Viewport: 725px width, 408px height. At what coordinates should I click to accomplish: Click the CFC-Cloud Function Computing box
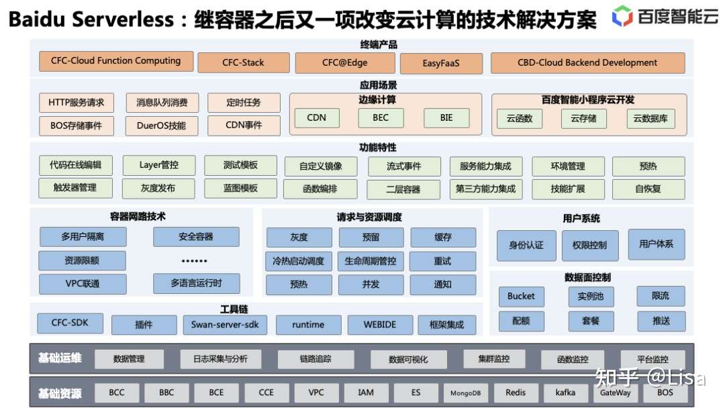click(116, 61)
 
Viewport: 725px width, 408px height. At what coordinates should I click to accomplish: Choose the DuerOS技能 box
click(161, 125)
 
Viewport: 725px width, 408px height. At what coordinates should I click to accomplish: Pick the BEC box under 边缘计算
click(381, 117)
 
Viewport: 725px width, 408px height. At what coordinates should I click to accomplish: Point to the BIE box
click(446, 117)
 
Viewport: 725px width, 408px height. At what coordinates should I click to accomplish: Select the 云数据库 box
click(650, 119)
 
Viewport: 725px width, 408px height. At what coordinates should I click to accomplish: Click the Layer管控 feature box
click(158, 165)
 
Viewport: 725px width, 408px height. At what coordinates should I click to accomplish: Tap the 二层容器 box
click(403, 189)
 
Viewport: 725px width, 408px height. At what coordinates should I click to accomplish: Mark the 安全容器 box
click(196, 237)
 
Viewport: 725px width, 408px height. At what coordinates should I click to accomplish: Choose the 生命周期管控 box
click(371, 261)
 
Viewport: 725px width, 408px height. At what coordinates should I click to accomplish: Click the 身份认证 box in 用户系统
click(526, 246)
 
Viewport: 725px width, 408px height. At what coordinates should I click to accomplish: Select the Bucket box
click(521, 296)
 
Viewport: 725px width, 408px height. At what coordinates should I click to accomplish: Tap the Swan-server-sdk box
click(224, 325)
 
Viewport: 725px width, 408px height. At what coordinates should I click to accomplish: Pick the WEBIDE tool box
click(380, 325)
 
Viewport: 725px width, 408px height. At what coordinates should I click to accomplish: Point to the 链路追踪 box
click(315, 359)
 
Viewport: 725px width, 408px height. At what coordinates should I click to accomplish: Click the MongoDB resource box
click(465, 393)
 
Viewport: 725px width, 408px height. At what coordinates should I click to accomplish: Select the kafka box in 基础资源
click(565, 393)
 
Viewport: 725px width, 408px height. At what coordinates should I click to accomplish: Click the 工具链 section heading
click(234, 309)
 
